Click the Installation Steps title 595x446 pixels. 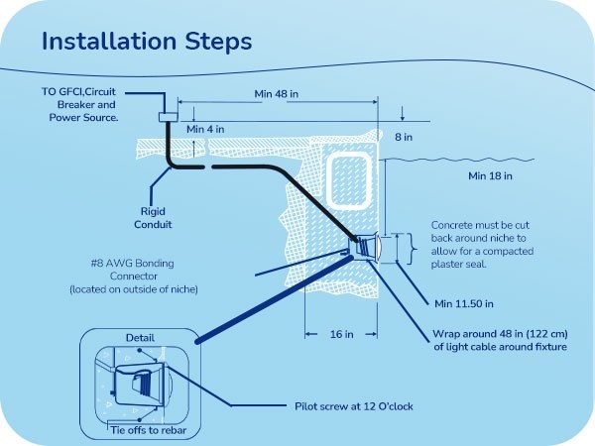click(x=147, y=41)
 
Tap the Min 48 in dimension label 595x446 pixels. click(x=277, y=94)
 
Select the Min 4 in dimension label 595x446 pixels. click(x=205, y=129)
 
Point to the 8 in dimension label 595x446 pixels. click(x=404, y=137)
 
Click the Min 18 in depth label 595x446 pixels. click(x=490, y=176)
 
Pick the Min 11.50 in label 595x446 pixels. click(x=464, y=304)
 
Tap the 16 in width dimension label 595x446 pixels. click(x=341, y=334)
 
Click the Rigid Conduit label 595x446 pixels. click(x=153, y=218)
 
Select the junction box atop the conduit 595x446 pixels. click(x=168, y=117)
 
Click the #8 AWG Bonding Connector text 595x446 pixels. click(x=134, y=277)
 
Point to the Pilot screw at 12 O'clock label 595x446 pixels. click(x=354, y=406)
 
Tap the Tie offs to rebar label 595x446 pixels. click(x=149, y=430)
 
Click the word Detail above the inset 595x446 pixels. click(x=140, y=338)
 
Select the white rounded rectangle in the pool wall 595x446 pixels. click(x=349, y=181)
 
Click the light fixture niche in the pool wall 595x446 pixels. click(x=365, y=247)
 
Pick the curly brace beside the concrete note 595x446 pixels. click(x=413, y=249)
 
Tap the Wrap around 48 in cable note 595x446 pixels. click(x=500, y=341)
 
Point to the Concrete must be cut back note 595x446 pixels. click(x=482, y=245)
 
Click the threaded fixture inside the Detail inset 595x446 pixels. click(x=142, y=384)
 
